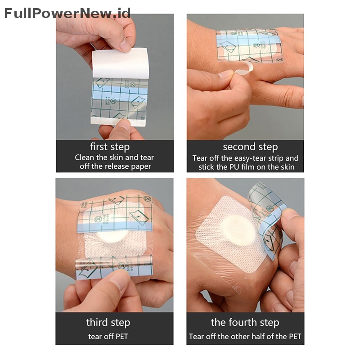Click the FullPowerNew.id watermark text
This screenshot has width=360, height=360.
[x=67, y=13]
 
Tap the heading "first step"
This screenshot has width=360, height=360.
[x=110, y=147]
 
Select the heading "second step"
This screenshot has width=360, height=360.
[x=250, y=147]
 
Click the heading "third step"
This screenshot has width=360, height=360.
[x=108, y=323]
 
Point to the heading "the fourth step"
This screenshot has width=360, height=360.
[x=245, y=323]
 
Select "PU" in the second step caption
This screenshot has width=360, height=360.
[x=234, y=167]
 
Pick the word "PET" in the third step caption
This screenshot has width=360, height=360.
[x=121, y=336]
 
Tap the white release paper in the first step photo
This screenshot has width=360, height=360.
[x=121, y=63]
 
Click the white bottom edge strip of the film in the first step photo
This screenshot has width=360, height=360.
[x=118, y=121]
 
